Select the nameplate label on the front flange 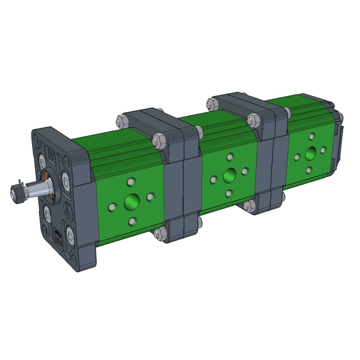(58, 235)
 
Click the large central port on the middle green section (229, 174)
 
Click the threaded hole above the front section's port (131, 182)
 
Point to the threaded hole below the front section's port (132, 221)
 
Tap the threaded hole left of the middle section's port (213, 180)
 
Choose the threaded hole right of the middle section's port (245, 171)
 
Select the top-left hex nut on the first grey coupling (121, 121)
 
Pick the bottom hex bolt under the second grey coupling (247, 206)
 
